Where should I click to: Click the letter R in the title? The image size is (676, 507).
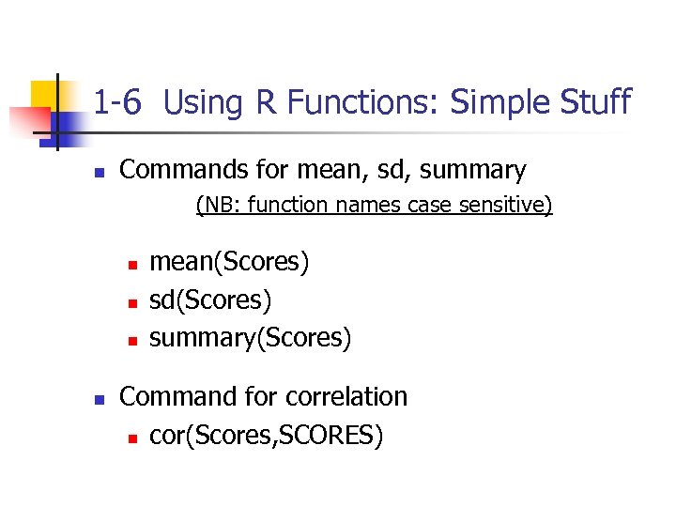pos(266,101)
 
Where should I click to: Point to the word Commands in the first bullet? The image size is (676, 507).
pos(180,170)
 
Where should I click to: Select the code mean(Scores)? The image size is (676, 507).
pos(229,261)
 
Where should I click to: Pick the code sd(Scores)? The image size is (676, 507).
pos(210,300)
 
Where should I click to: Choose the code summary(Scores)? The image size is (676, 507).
pos(250,337)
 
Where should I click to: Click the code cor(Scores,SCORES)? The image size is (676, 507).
pos(266,436)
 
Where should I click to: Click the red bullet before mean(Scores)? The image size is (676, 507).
pos(133,264)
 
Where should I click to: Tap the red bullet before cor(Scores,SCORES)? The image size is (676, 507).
pos(133,438)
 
